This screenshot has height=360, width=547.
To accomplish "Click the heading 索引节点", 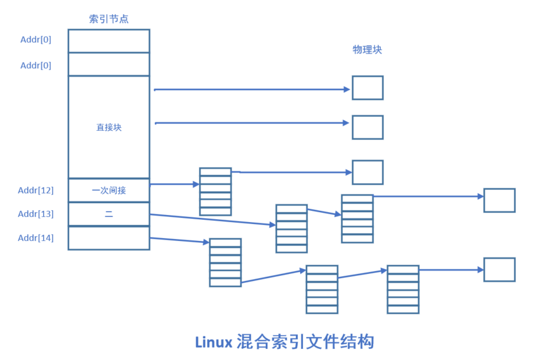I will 108,19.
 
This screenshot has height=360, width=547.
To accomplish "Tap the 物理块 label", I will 367,50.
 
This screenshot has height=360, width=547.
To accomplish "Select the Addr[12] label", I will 36,190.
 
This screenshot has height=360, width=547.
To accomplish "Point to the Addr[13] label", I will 36,214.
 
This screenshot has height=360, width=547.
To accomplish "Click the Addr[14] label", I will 36,238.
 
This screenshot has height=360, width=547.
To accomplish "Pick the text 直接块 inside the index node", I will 108,127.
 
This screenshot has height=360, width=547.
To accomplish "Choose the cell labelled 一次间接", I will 108,190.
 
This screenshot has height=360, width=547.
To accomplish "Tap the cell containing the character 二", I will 108,214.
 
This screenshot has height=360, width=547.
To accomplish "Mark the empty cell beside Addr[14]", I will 108,238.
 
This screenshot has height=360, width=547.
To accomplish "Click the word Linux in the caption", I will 213,342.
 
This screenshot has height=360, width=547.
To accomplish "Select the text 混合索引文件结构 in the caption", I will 305,342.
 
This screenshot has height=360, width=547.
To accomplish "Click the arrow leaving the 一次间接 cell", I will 174,184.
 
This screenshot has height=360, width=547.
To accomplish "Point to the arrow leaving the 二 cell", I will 212,219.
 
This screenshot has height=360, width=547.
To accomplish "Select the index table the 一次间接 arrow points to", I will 215,191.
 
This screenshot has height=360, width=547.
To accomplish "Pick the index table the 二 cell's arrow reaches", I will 292,229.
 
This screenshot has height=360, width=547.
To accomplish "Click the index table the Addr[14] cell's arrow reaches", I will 225,262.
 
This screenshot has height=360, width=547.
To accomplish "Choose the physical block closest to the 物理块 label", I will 368,88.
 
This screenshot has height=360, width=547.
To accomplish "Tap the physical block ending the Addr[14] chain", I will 499,269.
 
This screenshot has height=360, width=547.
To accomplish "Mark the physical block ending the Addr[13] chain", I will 499,200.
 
